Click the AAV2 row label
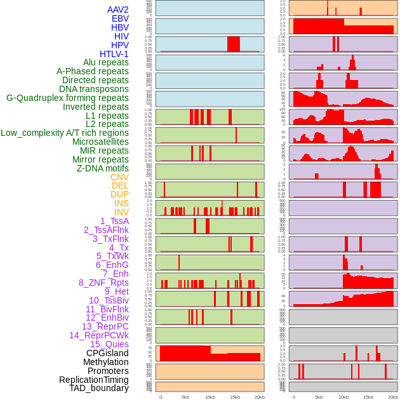pos(117,10)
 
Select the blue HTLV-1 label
pos(114,54)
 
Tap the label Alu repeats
pos(105,62)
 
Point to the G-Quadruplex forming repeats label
pos(67,98)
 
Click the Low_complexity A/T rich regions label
pos(65,133)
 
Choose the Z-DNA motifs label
pos(103,168)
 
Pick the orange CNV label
pos(119,177)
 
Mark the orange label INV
pos(121,212)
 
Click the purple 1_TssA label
pos(114,221)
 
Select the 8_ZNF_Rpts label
pos(103,283)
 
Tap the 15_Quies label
pos(109,344)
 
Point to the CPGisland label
pos(107,353)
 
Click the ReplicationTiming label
pos(94,380)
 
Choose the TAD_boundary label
pos(99,388)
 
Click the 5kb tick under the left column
pos(185,397)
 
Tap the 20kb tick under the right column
pos(393,397)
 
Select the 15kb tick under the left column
pos(235,397)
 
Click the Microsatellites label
pos(100,142)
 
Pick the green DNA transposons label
pos(94,89)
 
